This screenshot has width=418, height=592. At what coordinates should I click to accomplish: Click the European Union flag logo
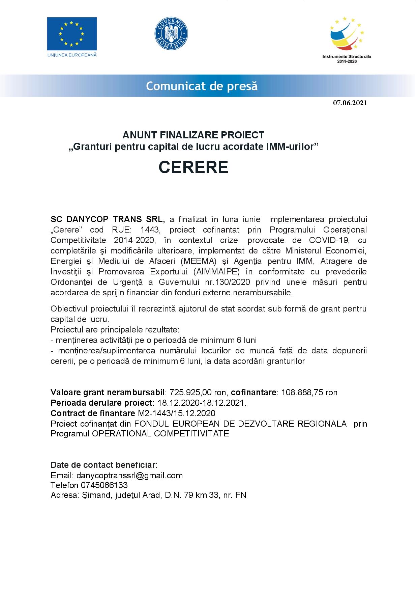pyautogui.click(x=72, y=34)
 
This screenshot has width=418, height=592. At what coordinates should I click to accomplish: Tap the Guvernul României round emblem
pyautogui.click(x=171, y=34)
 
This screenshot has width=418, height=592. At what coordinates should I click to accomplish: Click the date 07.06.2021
pyautogui.click(x=350, y=103)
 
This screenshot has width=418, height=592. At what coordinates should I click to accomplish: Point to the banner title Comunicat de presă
pyautogui.click(x=202, y=86)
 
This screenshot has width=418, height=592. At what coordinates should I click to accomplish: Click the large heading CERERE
pyautogui.click(x=193, y=167)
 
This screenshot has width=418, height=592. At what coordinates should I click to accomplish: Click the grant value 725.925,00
pyautogui.click(x=188, y=392)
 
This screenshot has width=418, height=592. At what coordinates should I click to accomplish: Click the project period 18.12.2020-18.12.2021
pyautogui.click(x=202, y=403)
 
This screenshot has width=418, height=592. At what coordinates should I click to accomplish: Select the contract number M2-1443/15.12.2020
pyautogui.click(x=177, y=413)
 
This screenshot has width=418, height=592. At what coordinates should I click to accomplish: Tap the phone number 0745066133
pyautogui.click(x=104, y=485)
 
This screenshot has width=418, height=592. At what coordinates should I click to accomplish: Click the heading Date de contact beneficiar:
pyautogui.click(x=104, y=465)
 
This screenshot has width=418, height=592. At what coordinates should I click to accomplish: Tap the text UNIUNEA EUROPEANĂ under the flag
pyautogui.click(x=72, y=54)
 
